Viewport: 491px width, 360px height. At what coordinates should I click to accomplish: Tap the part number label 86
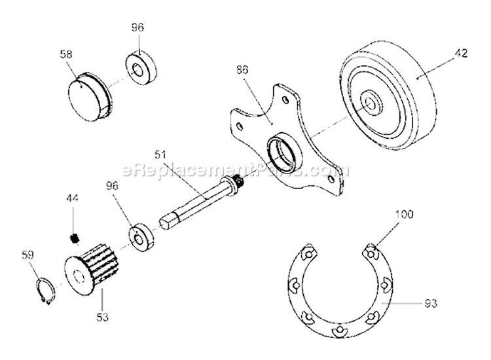click(x=242, y=69)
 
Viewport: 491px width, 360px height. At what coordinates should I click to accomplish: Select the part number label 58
click(x=66, y=54)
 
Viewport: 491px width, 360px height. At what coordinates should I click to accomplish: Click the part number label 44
click(x=72, y=198)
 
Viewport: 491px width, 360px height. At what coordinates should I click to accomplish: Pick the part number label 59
click(x=27, y=255)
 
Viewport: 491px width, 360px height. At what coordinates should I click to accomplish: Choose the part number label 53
click(x=103, y=317)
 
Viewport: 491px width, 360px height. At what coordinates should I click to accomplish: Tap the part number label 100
click(x=405, y=215)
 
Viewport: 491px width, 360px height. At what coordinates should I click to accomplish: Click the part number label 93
click(x=431, y=303)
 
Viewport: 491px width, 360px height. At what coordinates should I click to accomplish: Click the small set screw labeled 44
click(x=74, y=238)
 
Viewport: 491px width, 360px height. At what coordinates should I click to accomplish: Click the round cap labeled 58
click(x=90, y=96)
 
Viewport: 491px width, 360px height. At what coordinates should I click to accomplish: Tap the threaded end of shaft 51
click(x=240, y=181)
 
